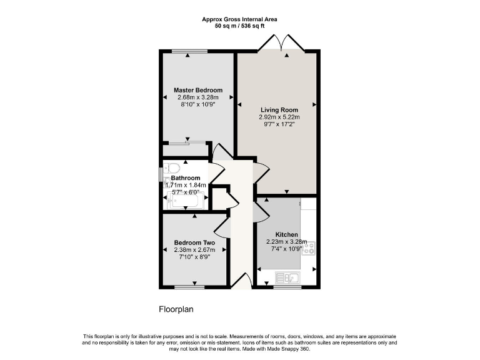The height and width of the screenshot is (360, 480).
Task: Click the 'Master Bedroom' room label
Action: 197,90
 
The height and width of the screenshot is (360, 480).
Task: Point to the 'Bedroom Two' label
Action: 194,242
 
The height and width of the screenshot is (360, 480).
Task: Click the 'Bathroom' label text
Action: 186,178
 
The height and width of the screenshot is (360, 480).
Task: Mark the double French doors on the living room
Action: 283,44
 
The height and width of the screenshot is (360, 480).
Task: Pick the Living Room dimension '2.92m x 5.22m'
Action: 279,117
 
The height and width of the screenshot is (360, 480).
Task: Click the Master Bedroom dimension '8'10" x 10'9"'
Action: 197,104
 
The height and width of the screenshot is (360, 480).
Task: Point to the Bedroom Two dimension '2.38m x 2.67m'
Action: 194,249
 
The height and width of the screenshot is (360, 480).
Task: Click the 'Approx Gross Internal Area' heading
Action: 239,19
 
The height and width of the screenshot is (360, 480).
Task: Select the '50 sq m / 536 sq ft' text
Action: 239,26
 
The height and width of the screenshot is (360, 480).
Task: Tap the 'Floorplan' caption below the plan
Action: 177,309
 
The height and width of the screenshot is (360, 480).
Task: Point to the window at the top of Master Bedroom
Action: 189,51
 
